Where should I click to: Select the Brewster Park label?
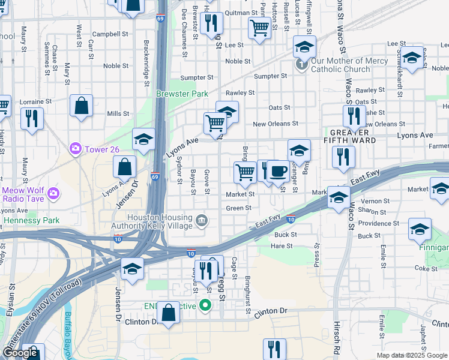tap(181, 94)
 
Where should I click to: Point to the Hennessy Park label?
tap(31, 220)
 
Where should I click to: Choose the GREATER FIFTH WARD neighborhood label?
tap(353, 136)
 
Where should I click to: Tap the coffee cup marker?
tap(277, 170)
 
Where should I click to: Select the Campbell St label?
tap(107, 34)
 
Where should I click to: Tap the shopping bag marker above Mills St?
tap(81, 106)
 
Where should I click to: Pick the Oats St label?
tap(280, 108)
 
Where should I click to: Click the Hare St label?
tap(282, 246)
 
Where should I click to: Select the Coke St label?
tap(430, 269)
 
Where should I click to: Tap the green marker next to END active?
tap(205, 306)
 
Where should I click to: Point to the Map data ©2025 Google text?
tap(412, 355)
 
